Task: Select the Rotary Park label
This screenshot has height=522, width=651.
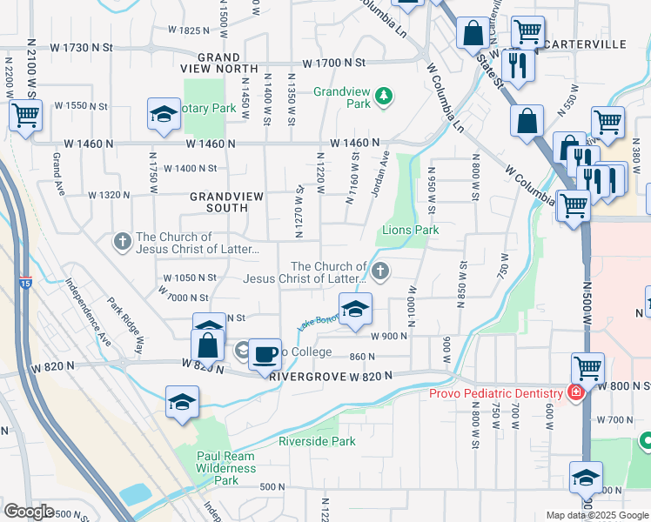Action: (209, 109)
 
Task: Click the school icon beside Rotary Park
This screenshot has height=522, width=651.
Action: (163, 115)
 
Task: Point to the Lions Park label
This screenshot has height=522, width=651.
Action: (411, 231)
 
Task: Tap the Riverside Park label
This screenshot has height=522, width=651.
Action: (317, 442)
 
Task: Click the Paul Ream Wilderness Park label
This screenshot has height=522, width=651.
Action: (225, 468)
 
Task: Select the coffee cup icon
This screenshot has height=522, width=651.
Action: (265, 354)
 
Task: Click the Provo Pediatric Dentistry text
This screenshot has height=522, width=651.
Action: (495, 394)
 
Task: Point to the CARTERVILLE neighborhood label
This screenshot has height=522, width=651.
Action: (594, 43)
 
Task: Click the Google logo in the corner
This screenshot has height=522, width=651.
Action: (30, 511)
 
